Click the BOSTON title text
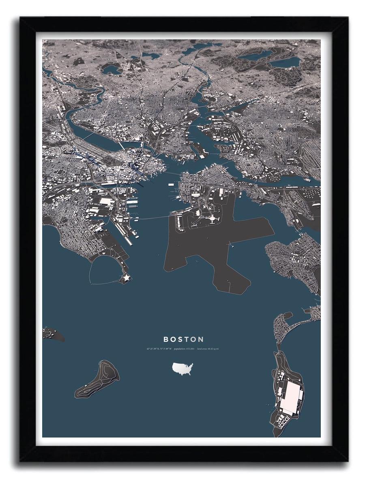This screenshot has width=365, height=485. coord(183,339)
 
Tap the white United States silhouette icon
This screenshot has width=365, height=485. coord(182,369)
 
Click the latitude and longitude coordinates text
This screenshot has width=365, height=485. coord(159,349)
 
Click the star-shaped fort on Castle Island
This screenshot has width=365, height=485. coord(125,278)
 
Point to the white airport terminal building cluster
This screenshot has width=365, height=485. coord(211,219)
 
